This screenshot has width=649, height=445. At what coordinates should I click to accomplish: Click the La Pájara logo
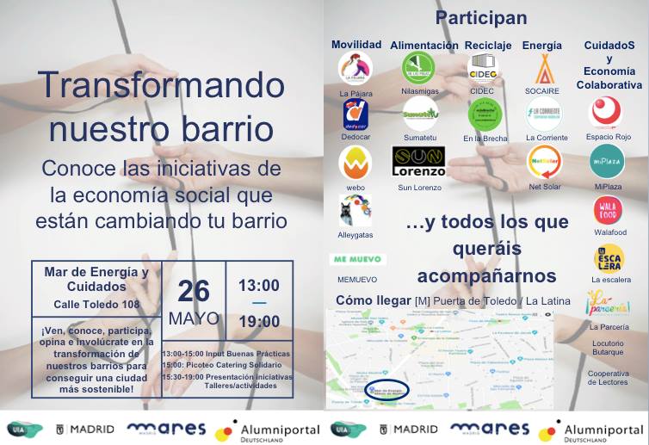355,68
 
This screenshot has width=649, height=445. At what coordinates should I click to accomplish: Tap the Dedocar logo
355,113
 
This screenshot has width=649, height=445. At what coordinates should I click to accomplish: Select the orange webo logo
355,162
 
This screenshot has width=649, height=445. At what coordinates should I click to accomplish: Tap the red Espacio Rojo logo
606,113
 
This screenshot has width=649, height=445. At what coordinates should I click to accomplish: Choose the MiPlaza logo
607,162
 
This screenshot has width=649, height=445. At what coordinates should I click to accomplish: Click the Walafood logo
607,211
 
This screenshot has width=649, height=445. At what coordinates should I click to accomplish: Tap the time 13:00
258,285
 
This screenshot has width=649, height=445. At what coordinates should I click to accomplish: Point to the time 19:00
258,321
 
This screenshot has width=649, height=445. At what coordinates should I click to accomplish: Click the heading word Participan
481,18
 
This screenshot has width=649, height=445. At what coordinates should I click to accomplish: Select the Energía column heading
541,45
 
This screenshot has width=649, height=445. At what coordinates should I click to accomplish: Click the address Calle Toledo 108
96,304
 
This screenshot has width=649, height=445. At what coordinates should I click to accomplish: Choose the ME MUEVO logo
357,259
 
